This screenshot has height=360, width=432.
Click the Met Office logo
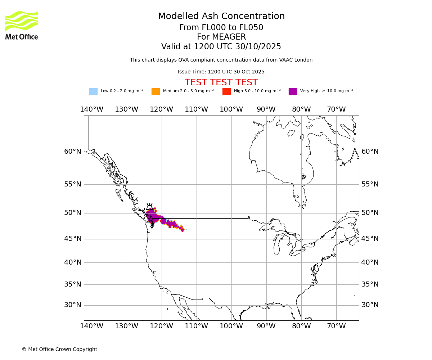click(x=22, y=25)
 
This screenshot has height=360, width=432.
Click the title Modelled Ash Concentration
click(x=221, y=17)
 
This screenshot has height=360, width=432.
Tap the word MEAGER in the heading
click(x=221, y=37)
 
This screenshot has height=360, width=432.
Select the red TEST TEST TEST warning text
click(x=221, y=83)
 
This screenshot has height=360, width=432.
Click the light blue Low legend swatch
click(x=93, y=91)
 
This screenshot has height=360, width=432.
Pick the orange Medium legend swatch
click(x=156, y=91)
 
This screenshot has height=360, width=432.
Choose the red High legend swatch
click(x=226, y=91)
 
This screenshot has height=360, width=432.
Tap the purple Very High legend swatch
click(x=293, y=91)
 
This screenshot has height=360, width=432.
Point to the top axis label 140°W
click(x=91, y=109)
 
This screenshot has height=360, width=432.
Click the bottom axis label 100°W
click(x=231, y=326)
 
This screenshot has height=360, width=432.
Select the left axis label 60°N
click(x=73, y=152)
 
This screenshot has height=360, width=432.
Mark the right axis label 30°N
click(x=370, y=305)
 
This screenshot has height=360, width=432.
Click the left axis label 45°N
click(x=73, y=239)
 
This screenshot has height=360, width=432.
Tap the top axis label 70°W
click(x=336, y=109)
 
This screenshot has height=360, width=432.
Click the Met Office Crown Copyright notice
click(x=59, y=350)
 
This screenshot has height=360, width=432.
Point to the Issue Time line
click(x=221, y=72)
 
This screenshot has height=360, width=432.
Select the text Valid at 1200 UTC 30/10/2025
click(x=221, y=47)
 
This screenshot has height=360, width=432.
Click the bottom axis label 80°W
click(x=301, y=326)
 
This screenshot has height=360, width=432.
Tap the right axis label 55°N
click(x=370, y=184)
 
